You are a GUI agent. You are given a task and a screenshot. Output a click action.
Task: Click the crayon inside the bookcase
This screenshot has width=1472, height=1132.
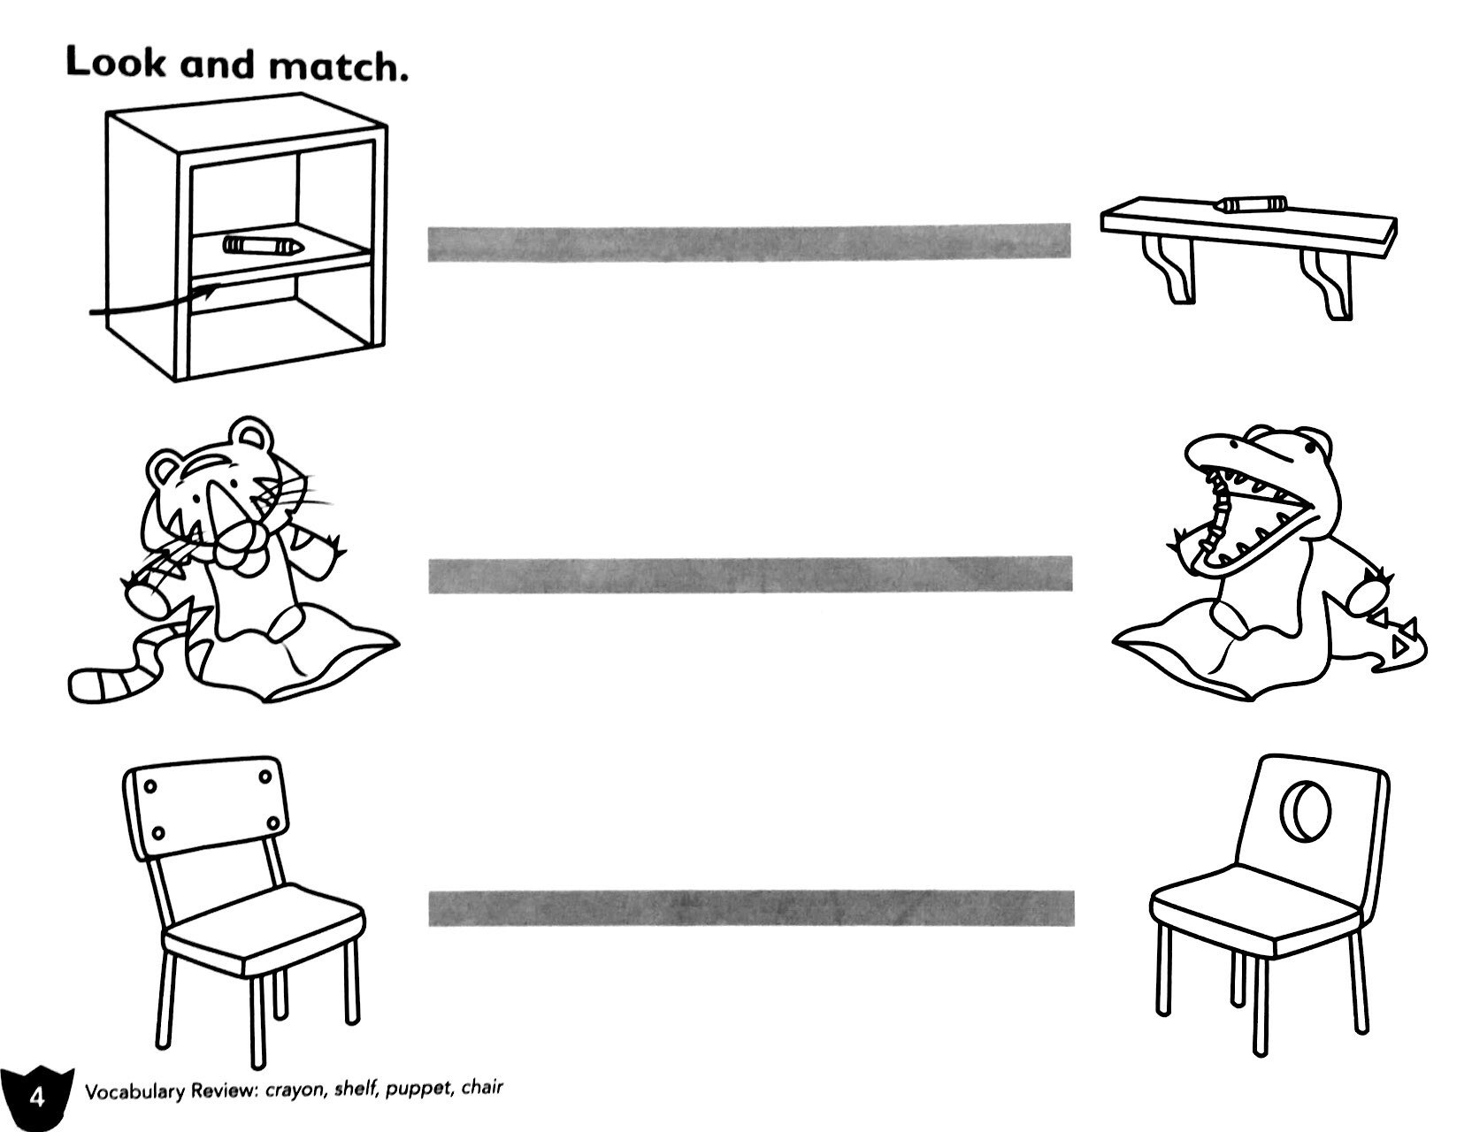point(264,245)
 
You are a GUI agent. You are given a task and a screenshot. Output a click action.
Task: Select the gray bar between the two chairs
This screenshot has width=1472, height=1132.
point(751,908)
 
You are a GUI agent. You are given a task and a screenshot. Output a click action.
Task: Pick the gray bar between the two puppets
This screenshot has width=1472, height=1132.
point(751,574)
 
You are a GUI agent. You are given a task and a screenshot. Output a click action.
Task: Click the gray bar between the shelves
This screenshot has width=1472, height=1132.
point(749,242)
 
